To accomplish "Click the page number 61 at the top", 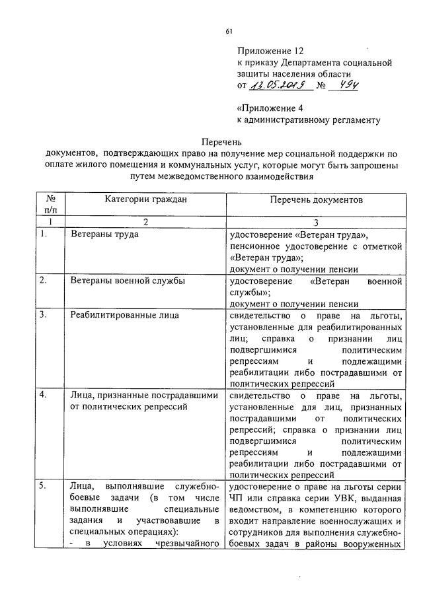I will [x=229, y=31].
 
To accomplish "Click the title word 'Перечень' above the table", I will [x=222, y=142].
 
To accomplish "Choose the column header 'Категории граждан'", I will [x=145, y=199].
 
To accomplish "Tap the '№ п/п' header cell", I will [x=50, y=204].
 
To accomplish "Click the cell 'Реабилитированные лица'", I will [x=124, y=315].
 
